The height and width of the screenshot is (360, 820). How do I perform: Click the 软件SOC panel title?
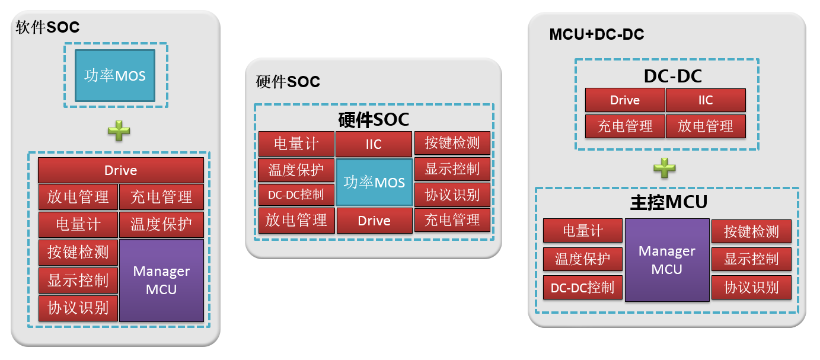pyautogui.click(x=47, y=27)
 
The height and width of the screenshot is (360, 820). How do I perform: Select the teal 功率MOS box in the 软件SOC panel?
pyautogui.click(x=115, y=75)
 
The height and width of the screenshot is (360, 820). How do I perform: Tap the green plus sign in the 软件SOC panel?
pyautogui.click(x=119, y=131)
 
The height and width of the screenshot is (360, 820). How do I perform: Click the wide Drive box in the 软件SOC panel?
pyautogui.click(x=121, y=170)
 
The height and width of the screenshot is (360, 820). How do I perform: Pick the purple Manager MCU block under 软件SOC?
pyautogui.click(x=161, y=280)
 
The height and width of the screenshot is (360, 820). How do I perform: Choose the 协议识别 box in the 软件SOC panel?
pyautogui.click(x=78, y=308)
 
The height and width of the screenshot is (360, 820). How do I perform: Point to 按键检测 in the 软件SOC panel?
pyautogui.click(x=78, y=252)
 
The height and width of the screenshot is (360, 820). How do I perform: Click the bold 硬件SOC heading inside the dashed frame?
pyautogui.click(x=374, y=119)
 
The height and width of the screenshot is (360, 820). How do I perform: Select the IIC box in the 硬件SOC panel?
pyautogui.click(x=374, y=144)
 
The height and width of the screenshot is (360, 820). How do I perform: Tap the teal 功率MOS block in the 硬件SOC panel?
pyautogui.click(x=374, y=182)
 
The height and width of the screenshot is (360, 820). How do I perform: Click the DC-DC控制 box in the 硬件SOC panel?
pyautogui.click(x=296, y=194)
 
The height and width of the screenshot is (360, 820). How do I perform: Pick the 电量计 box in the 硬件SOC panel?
pyautogui.click(x=296, y=144)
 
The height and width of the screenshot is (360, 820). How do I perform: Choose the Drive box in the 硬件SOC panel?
pyautogui.click(x=374, y=221)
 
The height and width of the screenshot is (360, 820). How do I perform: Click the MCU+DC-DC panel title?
pyautogui.click(x=596, y=34)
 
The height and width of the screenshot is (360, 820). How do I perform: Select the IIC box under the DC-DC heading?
pyautogui.click(x=706, y=100)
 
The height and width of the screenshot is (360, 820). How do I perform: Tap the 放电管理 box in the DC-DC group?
pyautogui.click(x=706, y=126)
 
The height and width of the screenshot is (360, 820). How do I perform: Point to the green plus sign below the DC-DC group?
pyautogui.click(x=665, y=168)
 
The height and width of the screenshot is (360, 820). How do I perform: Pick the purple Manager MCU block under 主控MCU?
pyautogui.click(x=667, y=260)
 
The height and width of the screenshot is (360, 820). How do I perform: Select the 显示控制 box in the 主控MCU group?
pyautogui.click(x=751, y=259)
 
